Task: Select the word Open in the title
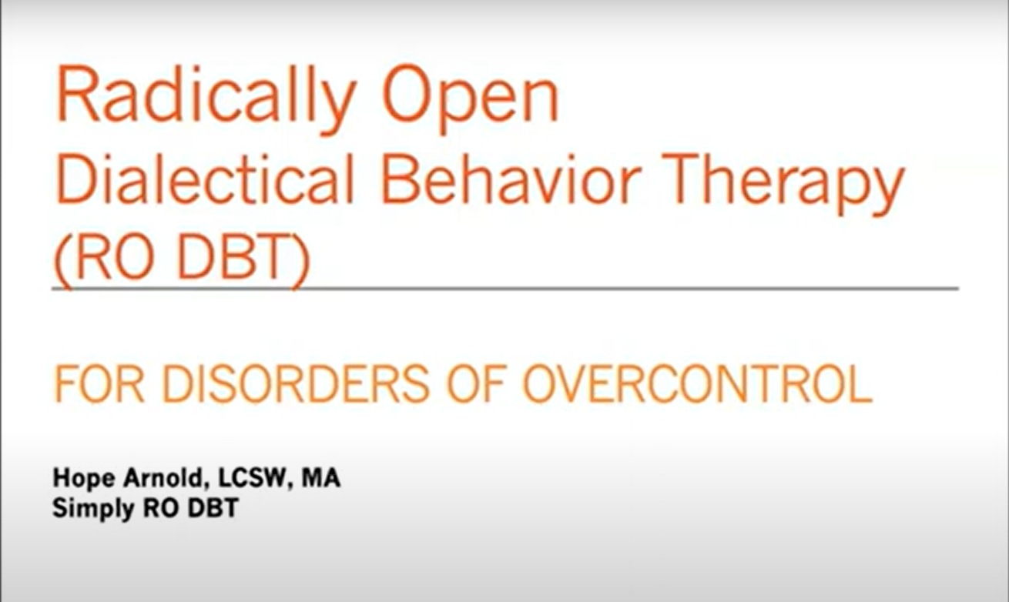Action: tap(471, 99)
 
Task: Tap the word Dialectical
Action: tap(205, 179)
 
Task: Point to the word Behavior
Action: tap(511, 179)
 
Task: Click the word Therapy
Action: tap(784, 185)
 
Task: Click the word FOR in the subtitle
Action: tap(99, 384)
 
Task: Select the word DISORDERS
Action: tap(296, 384)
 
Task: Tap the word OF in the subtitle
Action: tap(474, 384)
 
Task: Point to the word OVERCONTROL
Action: tap(698, 384)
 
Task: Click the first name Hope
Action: tap(84, 479)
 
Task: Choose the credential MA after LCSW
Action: tap(320, 478)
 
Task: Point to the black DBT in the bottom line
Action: tap(213, 508)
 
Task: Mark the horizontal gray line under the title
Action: tap(505, 288)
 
